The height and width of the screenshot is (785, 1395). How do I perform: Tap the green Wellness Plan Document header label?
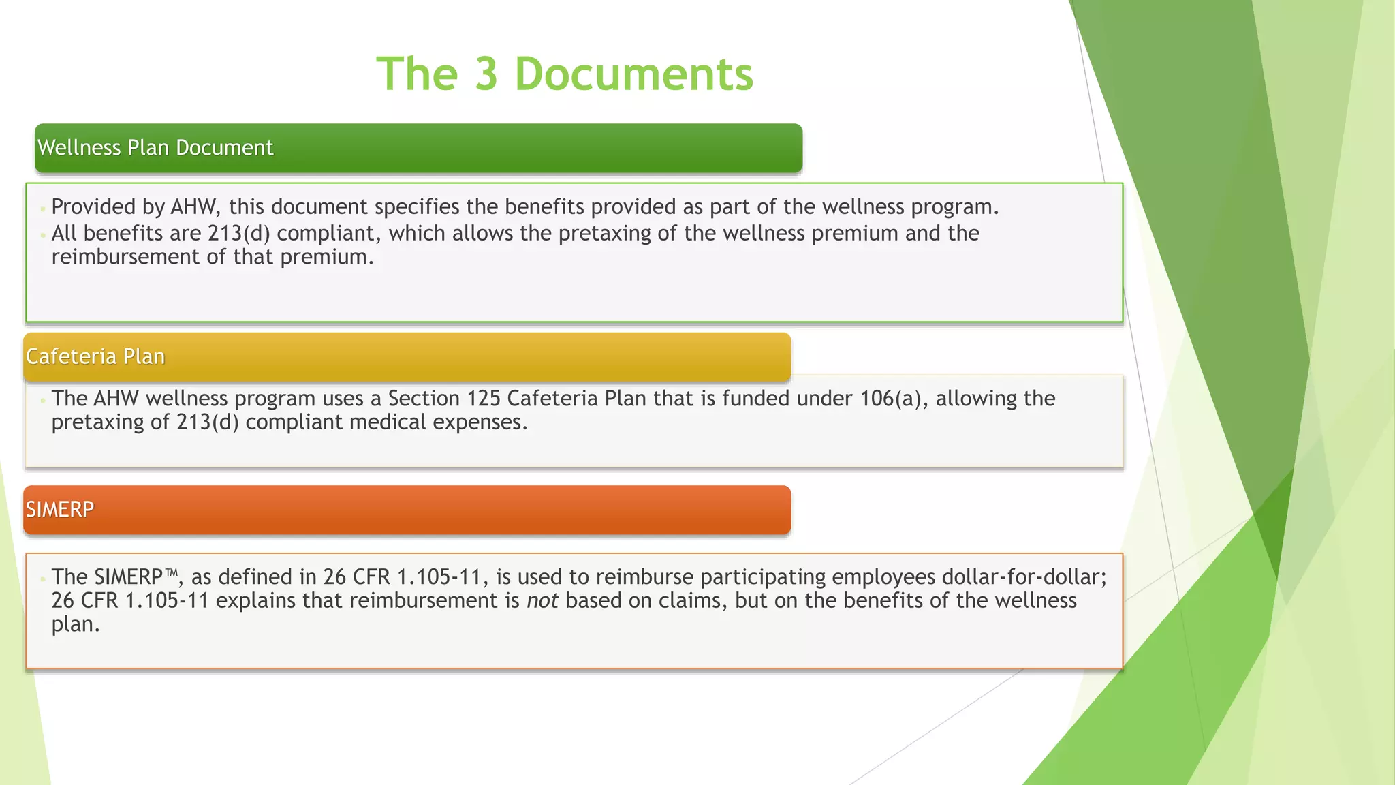pyautogui.click(x=155, y=148)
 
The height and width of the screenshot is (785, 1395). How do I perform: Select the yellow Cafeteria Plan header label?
pyautogui.click(x=95, y=356)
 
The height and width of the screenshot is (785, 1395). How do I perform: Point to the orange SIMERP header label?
pyautogui.click(x=60, y=509)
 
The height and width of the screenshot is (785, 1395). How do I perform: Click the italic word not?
pyautogui.click(x=542, y=600)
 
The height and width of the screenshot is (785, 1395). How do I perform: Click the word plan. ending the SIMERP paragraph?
pyautogui.click(x=76, y=624)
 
